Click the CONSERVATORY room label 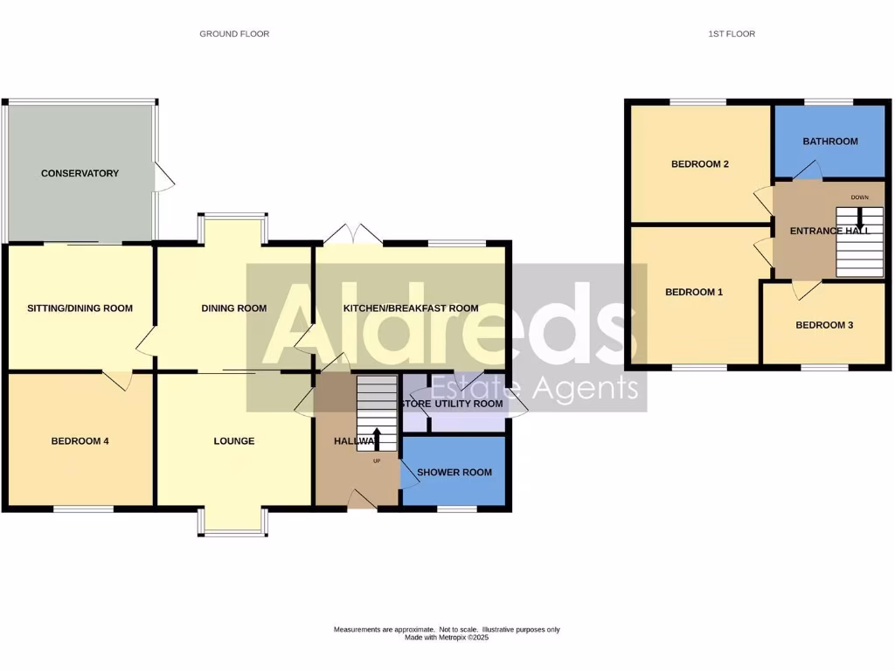pyautogui.click(x=80, y=174)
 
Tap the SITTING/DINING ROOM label pyautogui.click(x=80, y=308)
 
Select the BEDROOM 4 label pyautogui.click(x=80, y=441)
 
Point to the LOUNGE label pyautogui.click(x=234, y=441)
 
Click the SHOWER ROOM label pyautogui.click(x=454, y=473)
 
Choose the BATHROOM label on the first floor pyautogui.click(x=830, y=142)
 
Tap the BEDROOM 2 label pyautogui.click(x=700, y=164)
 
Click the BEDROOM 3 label pyautogui.click(x=824, y=325)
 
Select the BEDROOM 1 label pyautogui.click(x=694, y=293)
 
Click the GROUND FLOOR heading pyautogui.click(x=234, y=34)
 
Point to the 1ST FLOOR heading pyautogui.click(x=732, y=34)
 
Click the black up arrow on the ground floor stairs pyautogui.click(x=377, y=439)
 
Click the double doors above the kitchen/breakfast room pyautogui.click(x=353, y=234)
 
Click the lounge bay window pyautogui.click(x=233, y=522)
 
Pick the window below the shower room pyautogui.click(x=457, y=508)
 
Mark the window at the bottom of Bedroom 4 pyautogui.click(x=83, y=508)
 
